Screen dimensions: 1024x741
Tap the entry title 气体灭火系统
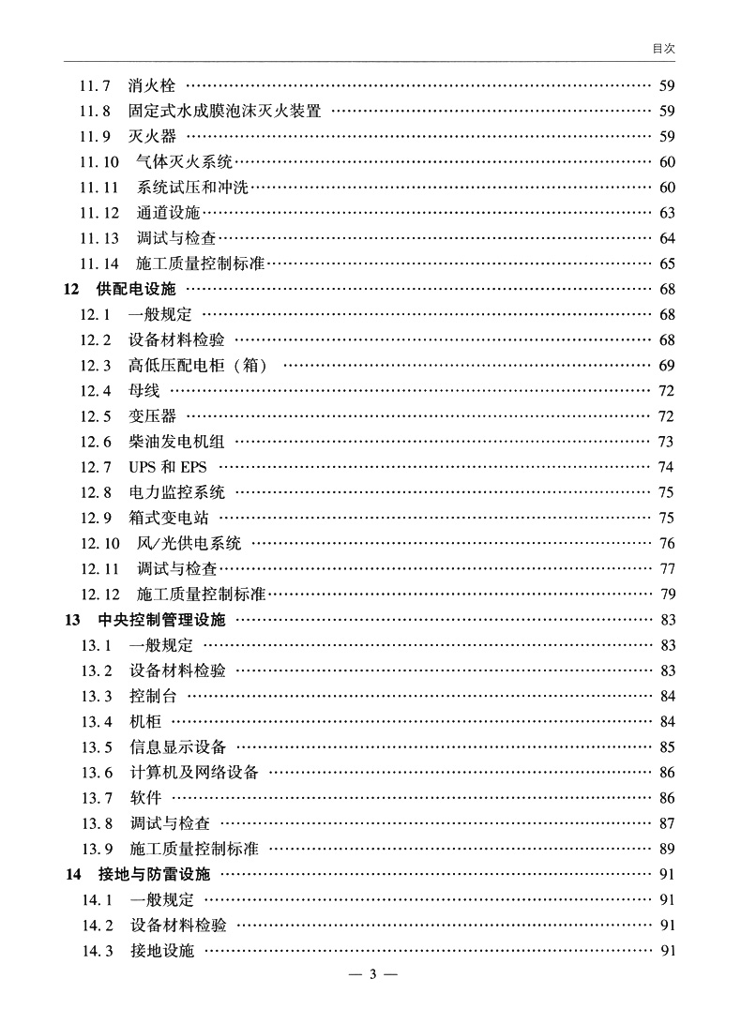(184, 162)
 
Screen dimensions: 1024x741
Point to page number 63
(667, 213)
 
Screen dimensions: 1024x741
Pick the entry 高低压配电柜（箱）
(198, 365)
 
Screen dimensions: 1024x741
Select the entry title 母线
(144, 390)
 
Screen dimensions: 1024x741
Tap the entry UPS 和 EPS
(168, 466)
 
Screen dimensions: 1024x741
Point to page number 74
(667, 466)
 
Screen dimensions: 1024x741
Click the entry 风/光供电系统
(189, 543)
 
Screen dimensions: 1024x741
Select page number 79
(667, 594)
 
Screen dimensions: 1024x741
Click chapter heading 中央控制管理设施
(161, 619)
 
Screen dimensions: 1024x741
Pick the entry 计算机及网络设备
(193, 773)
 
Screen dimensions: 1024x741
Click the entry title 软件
(144, 798)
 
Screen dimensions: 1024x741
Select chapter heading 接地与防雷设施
(154, 875)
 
